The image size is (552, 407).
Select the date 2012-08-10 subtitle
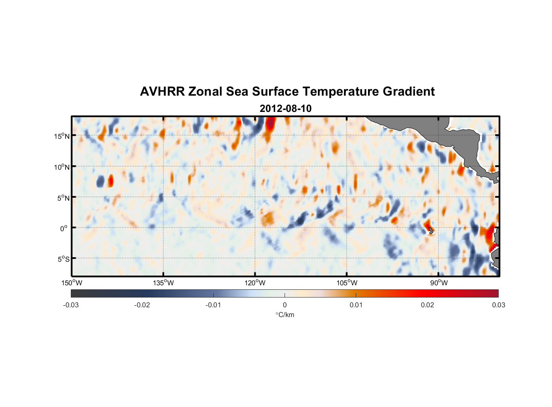(x=285, y=109)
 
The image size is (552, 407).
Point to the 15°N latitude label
(x=62, y=136)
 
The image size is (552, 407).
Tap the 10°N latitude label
(x=62, y=167)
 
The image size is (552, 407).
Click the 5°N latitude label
(x=64, y=198)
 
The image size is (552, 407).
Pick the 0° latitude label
(x=64, y=228)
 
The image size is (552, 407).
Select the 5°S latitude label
(x=64, y=259)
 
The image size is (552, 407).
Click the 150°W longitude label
(x=72, y=283)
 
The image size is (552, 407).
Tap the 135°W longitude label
(x=163, y=283)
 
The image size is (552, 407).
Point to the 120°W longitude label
(x=255, y=283)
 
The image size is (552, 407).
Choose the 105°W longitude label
(x=347, y=283)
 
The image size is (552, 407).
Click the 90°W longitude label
(x=439, y=283)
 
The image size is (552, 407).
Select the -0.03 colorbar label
(x=71, y=305)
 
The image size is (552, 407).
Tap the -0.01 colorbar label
(x=213, y=305)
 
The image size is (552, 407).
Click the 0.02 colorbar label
(x=427, y=305)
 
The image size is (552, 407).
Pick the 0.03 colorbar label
(x=498, y=305)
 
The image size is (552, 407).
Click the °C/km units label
(x=285, y=315)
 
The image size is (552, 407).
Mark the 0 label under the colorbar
(x=285, y=305)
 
